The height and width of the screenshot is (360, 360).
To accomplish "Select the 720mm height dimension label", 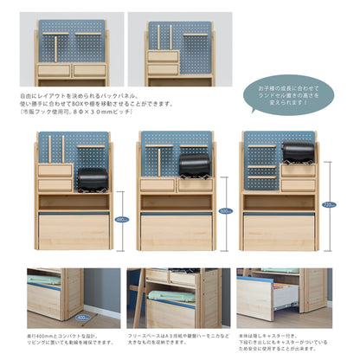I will click(327, 205).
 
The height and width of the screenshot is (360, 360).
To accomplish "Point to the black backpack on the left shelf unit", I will click(93, 179).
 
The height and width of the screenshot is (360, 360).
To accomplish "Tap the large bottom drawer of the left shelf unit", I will click(74, 232).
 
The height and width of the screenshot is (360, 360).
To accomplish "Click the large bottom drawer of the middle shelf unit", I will click(177, 232).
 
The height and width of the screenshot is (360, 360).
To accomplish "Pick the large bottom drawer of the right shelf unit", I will click(280, 232).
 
